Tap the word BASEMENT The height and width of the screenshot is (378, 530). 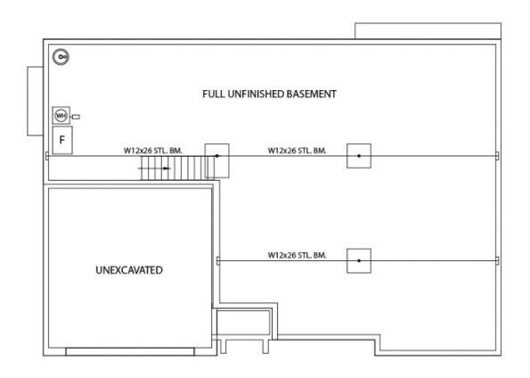311,94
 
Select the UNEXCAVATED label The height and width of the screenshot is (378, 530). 129,270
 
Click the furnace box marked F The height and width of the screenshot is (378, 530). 62,140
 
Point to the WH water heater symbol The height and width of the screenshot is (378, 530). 61,115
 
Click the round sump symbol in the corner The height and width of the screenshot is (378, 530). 61,56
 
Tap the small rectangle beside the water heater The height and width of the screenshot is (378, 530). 76,117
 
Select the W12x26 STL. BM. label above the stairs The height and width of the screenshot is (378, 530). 153,151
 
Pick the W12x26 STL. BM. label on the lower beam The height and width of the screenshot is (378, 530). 298,255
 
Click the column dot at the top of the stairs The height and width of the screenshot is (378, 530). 217,156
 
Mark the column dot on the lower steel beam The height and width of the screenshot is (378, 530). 359,261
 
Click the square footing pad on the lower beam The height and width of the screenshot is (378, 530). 359,261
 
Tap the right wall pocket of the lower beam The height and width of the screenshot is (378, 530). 497,261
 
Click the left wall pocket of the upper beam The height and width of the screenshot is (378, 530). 47,156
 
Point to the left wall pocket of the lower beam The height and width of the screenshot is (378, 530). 218,261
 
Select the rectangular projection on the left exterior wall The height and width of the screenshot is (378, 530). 35,101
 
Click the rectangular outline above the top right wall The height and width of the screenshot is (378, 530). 428,31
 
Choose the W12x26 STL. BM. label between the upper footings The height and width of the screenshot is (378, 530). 298,151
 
